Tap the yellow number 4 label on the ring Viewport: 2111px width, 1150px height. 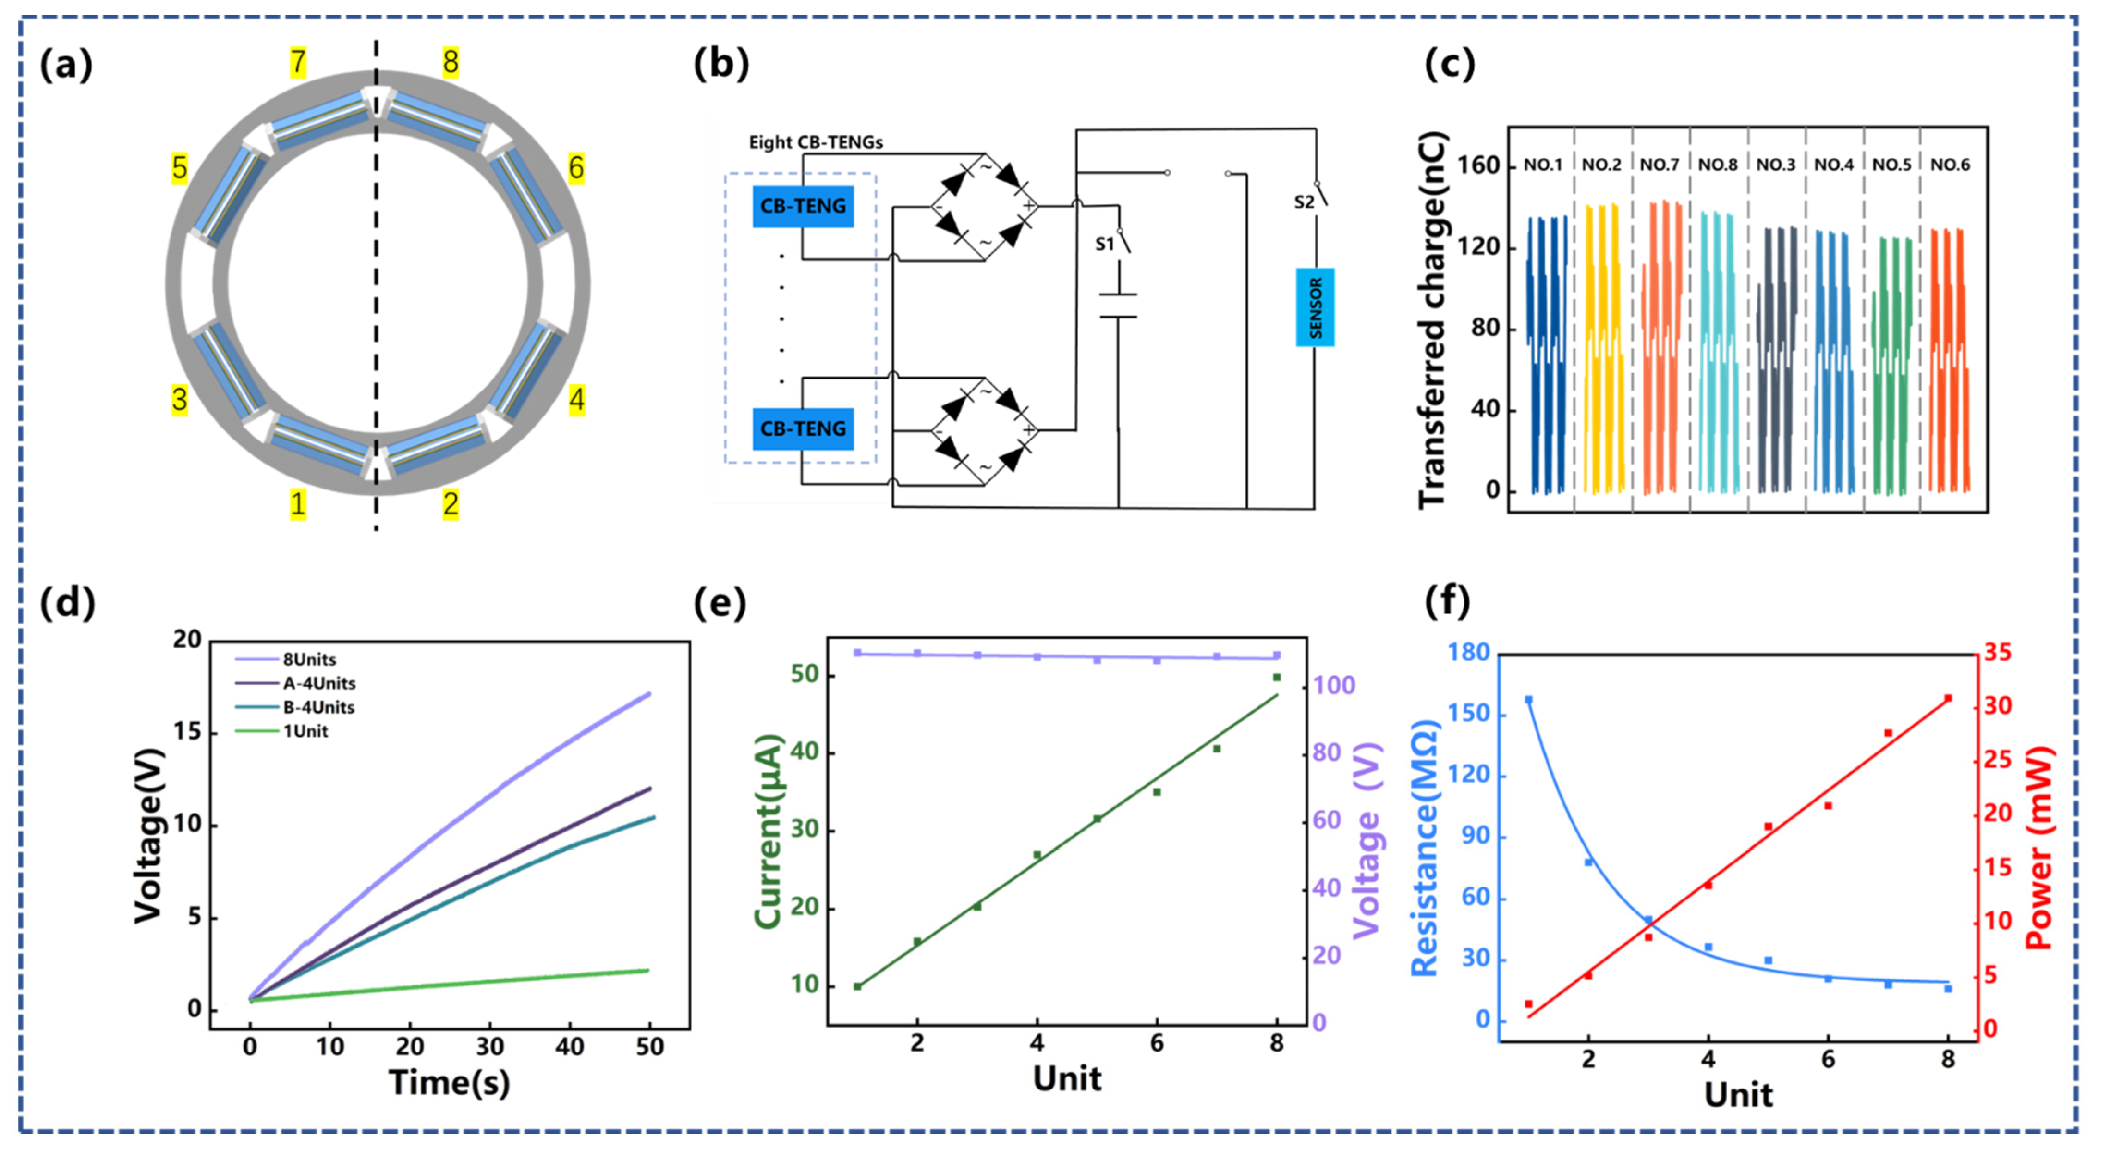[576, 400]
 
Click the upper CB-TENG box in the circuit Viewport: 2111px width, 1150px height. [802, 206]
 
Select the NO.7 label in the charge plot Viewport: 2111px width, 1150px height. [1660, 165]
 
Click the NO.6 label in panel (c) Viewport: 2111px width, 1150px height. [1950, 165]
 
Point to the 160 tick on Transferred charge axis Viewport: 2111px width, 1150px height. [1479, 165]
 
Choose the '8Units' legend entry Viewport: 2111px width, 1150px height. [309, 659]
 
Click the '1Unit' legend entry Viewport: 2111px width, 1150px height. [305, 731]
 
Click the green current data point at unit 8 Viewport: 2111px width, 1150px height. [1276, 677]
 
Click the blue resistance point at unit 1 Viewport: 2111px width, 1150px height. [1528, 700]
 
